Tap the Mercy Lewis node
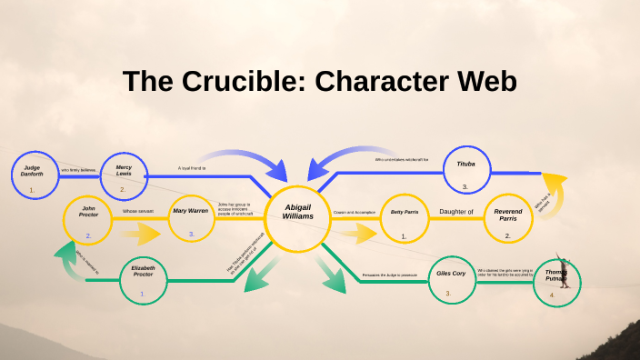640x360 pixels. [x=124, y=175]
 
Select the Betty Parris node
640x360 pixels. [x=404, y=218]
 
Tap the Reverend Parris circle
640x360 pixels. [x=507, y=219]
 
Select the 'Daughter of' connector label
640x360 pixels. [x=455, y=212]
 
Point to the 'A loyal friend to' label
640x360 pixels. [x=192, y=168]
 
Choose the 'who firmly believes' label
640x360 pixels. [x=77, y=170]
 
